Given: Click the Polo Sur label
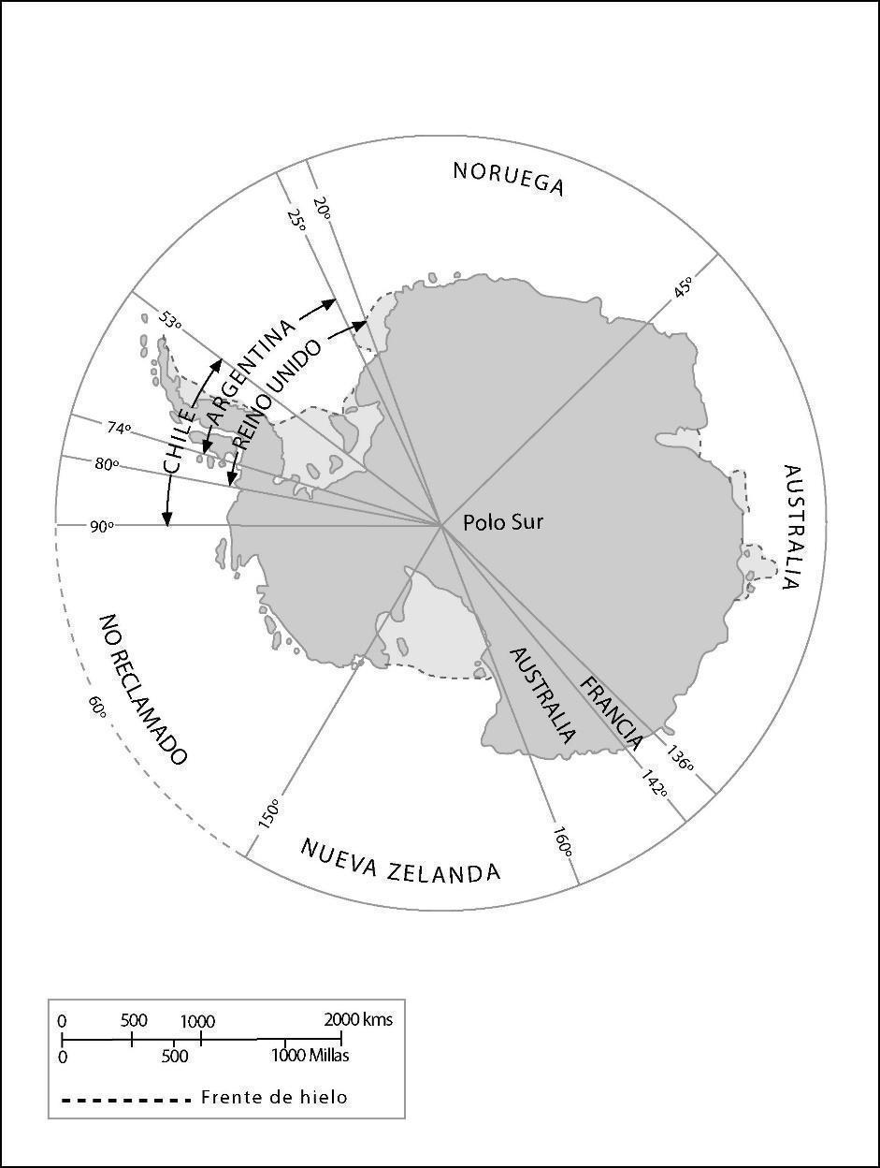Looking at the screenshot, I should tap(503, 522).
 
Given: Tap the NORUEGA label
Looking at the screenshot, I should tap(509, 178).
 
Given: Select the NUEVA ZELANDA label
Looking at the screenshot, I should tap(400, 861).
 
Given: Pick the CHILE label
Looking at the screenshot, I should tap(179, 438).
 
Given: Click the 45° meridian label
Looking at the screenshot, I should tap(684, 287).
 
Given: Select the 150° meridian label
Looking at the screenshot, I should tap(268, 813).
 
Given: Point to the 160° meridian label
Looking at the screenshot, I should tap(562, 840).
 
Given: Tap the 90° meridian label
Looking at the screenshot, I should tap(101, 526).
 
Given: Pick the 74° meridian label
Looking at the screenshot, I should tap(119, 428).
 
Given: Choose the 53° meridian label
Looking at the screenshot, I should tap(169, 320).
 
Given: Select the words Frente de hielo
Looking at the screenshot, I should tap(274, 1097).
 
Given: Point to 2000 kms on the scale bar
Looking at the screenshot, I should tap(358, 1019).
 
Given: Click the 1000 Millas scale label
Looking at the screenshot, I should tap(310, 1055).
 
